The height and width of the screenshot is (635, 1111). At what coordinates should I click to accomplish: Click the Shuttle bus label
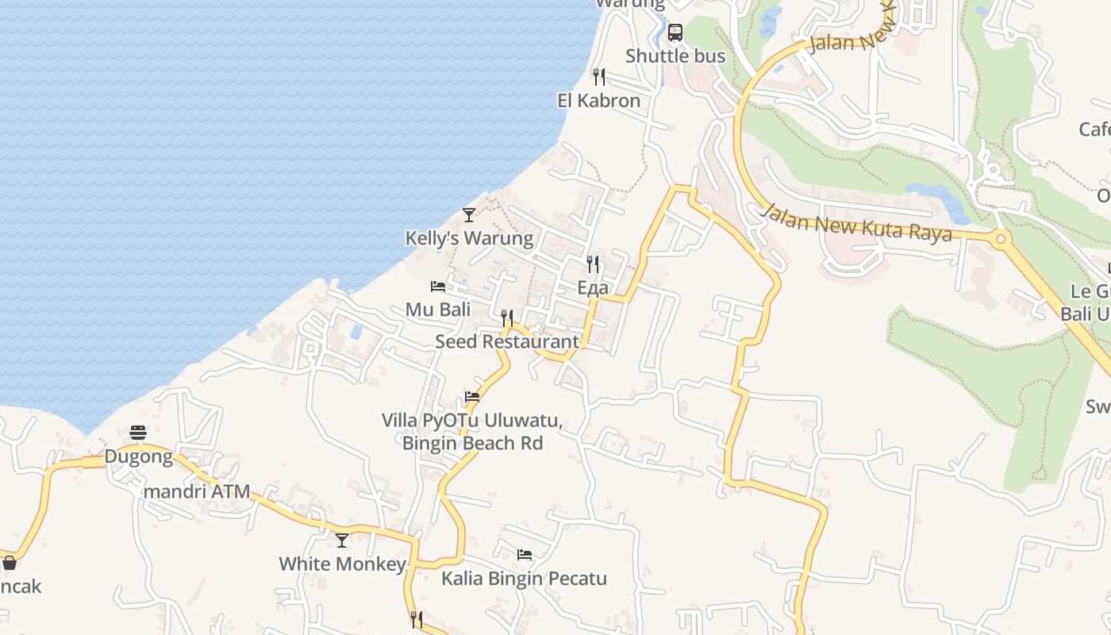tap(675, 56)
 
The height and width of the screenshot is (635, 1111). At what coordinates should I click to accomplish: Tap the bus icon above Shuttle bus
tap(675, 33)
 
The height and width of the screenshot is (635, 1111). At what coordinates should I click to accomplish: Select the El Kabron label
tap(599, 101)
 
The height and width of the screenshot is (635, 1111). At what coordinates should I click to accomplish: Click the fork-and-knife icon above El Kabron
tap(599, 77)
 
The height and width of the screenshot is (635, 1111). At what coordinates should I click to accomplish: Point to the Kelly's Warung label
tap(469, 238)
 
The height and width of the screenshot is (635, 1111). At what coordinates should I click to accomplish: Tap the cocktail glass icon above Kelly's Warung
tap(469, 215)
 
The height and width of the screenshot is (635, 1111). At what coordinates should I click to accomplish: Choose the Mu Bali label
tap(438, 310)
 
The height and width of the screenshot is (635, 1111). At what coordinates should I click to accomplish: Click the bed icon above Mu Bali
tap(438, 287)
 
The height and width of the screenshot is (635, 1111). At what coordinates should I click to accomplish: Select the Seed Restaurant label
tap(507, 341)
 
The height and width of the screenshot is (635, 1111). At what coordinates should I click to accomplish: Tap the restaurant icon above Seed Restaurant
tap(507, 318)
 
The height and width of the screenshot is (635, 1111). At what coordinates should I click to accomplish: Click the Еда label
tap(593, 288)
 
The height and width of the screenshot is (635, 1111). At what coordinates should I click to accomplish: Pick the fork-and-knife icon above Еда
tap(593, 264)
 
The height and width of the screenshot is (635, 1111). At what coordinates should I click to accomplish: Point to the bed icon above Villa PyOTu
tap(472, 397)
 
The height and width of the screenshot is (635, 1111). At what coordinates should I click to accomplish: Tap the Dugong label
tap(139, 456)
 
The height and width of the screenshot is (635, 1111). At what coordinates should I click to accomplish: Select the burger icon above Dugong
tap(138, 433)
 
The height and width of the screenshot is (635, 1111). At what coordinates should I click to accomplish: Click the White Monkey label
tap(342, 564)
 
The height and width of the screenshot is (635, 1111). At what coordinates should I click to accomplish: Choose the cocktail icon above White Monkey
tap(342, 541)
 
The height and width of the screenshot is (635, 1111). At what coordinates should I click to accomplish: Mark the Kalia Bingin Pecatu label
tap(524, 579)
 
